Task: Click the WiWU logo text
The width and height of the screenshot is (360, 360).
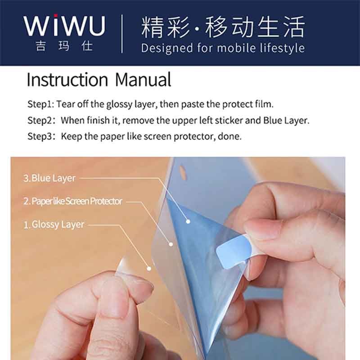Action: (64, 25)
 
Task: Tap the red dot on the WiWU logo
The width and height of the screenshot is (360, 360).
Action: (55, 16)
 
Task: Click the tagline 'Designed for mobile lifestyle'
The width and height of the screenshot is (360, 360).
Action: (223, 48)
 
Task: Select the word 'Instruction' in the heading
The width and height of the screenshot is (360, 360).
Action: (67, 80)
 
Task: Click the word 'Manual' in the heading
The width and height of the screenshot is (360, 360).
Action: (143, 80)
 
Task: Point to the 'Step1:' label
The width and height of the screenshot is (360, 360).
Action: (41, 104)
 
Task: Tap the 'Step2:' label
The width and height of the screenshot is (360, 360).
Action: (41, 120)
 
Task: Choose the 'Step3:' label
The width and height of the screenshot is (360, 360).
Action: (41, 136)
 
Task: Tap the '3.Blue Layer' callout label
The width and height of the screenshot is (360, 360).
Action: (49, 178)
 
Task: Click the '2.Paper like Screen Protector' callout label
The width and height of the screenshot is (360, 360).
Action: (73, 201)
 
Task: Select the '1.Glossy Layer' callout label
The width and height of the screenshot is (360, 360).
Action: (54, 225)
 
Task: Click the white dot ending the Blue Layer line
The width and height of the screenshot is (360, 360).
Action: (188, 221)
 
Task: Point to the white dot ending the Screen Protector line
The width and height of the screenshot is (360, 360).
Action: (171, 244)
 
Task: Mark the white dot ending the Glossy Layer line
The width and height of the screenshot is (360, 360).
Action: (149, 268)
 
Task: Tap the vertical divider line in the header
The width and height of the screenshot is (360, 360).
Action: (121, 34)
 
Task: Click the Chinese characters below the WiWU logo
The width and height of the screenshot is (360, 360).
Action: (64, 46)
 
